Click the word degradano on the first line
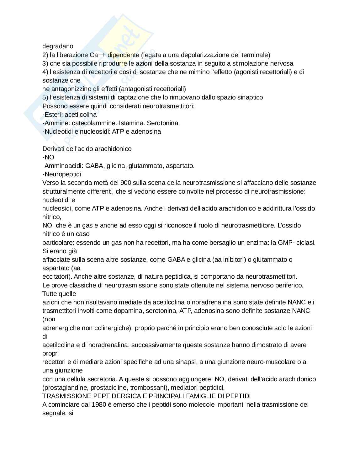(58, 46)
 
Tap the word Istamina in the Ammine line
(132, 123)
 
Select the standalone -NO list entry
(48, 157)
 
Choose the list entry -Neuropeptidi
(62, 174)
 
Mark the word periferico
(289, 285)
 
